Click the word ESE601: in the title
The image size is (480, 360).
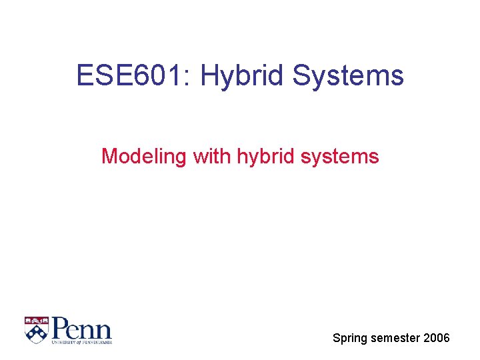point(133,75)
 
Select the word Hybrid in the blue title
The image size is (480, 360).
point(243,75)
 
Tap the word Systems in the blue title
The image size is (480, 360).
point(348,75)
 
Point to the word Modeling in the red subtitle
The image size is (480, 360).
point(145,157)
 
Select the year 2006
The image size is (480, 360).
point(437,339)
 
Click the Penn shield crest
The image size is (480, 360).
point(37,329)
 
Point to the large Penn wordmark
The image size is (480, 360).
point(81,328)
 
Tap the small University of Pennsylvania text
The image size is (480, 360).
point(82,342)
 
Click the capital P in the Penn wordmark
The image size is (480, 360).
point(61,328)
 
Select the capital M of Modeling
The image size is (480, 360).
point(108,157)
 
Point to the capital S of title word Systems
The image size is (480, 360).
point(301,75)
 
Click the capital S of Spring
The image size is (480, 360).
point(337,338)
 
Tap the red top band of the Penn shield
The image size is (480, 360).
point(37,320)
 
